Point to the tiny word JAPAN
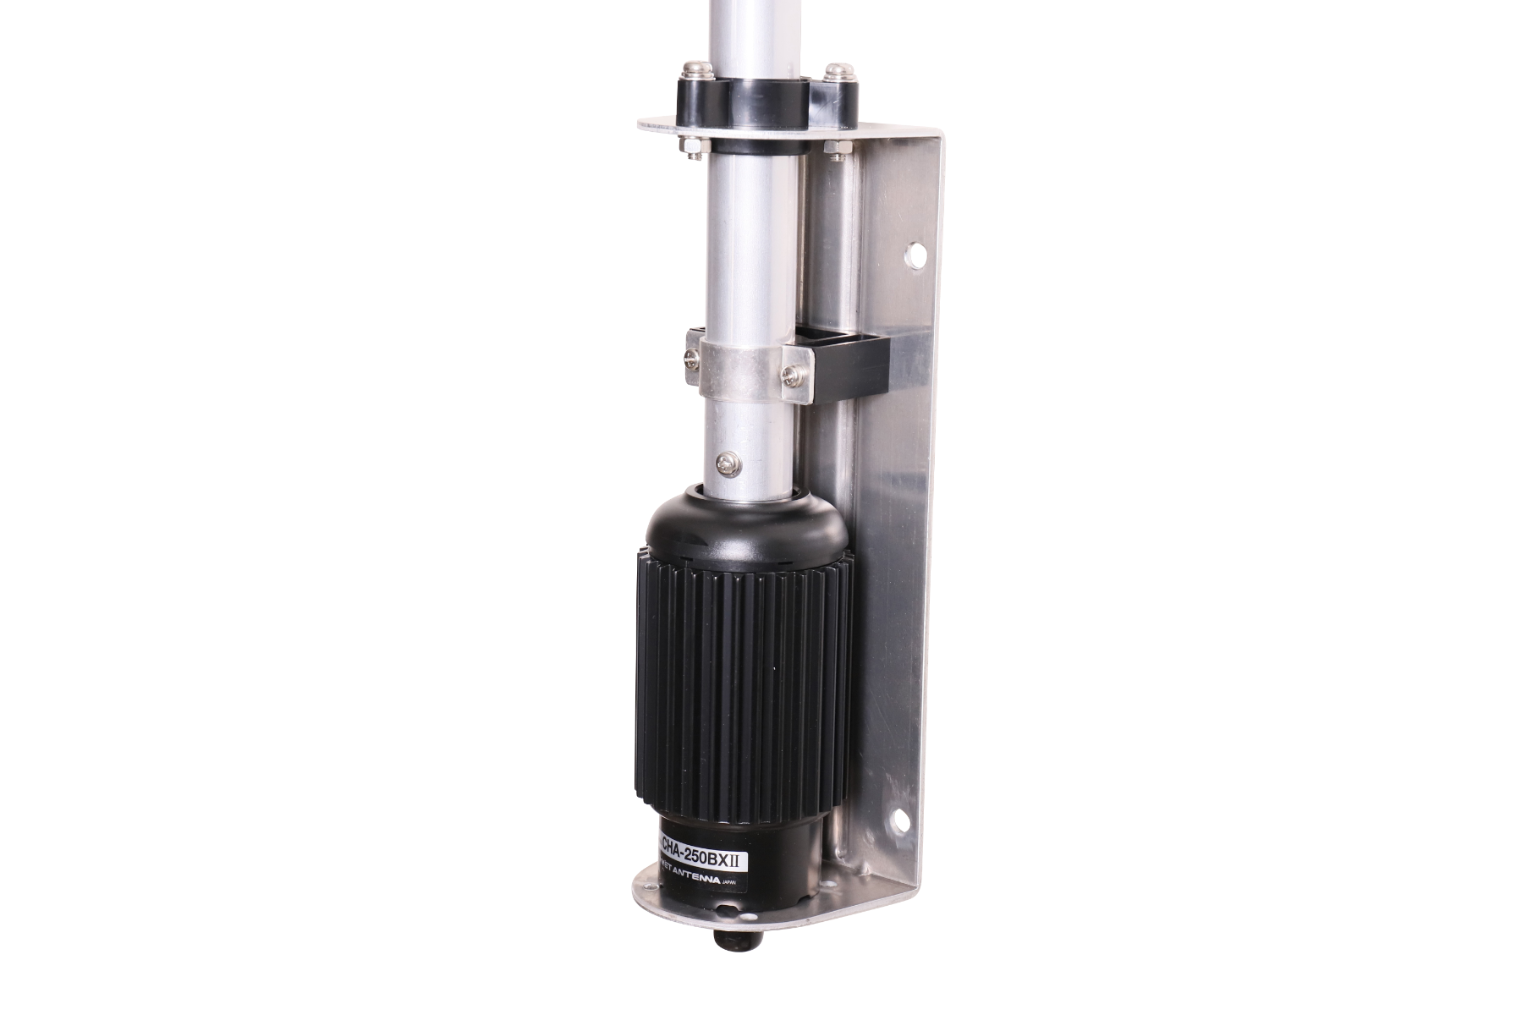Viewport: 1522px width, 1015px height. click(731, 883)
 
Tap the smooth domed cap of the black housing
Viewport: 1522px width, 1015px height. click(745, 524)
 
